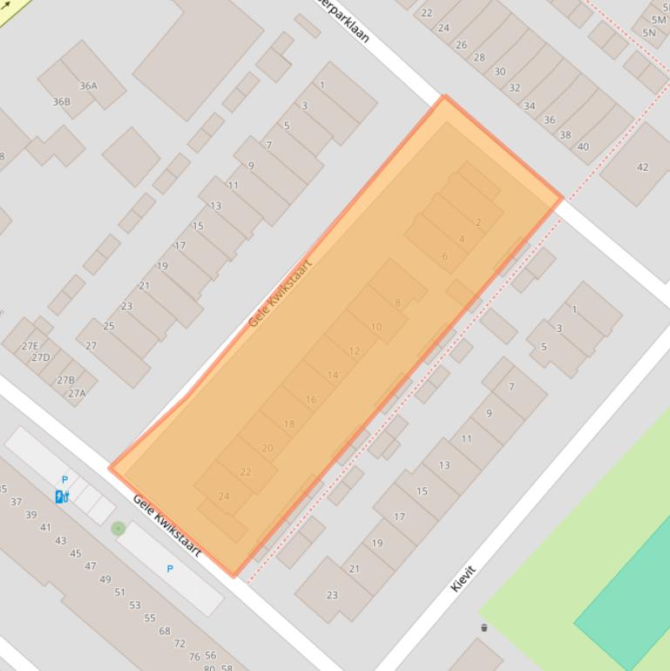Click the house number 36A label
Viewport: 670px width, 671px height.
point(88,85)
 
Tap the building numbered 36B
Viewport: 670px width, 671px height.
point(61,102)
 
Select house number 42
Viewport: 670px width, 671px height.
point(642,167)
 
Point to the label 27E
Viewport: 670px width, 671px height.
point(30,346)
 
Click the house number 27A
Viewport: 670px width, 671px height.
point(77,393)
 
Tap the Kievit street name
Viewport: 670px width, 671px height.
point(463,579)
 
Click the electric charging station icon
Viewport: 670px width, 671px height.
point(61,497)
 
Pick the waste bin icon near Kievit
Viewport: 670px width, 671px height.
point(484,627)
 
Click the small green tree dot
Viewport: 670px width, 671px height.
point(118,527)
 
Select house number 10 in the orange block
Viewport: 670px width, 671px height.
point(376,327)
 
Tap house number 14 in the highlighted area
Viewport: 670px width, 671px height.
point(333,375)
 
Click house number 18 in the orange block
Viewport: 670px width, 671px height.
point(289,424)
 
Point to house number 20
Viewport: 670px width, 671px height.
point(267,448)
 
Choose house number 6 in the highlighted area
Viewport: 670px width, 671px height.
point(444,255)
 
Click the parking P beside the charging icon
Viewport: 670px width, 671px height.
point(64,479)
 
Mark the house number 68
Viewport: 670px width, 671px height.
point(165,631)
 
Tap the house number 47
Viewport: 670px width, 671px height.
point(90,566)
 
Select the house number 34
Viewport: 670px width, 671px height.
point(530,106)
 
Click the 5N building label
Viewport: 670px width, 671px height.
point(649,33)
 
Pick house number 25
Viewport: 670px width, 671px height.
point(109,326)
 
